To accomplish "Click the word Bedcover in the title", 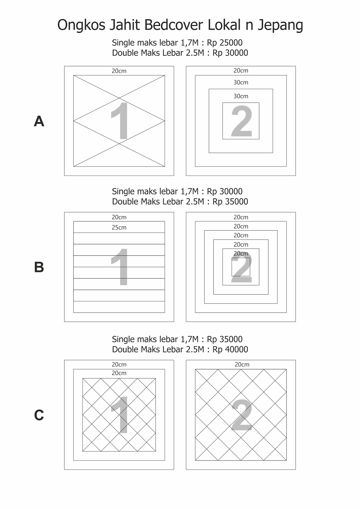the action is (x=174, y=25).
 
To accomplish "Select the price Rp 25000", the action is (x=225, y=43).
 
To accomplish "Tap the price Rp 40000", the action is (x=230, y=350).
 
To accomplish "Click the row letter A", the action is (x=39, y=121).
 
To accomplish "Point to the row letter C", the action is (x=39, y=415).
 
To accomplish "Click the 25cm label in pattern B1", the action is (x=119, y=227).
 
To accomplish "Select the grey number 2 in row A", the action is (x=241, y=121).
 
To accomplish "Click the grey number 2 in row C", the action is (x=242, y=415).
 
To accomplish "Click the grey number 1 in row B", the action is (x=120, y=267).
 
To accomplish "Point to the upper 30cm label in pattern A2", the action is (x=241, y=82).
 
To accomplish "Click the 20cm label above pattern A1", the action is (x=119, y=71).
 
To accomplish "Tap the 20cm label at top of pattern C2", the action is (x=242, y=365).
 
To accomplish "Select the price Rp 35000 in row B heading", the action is (x=230, y=202).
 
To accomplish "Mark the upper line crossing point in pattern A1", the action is (x=119, y=98).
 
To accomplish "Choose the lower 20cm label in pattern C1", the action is (x=119, y=373).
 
